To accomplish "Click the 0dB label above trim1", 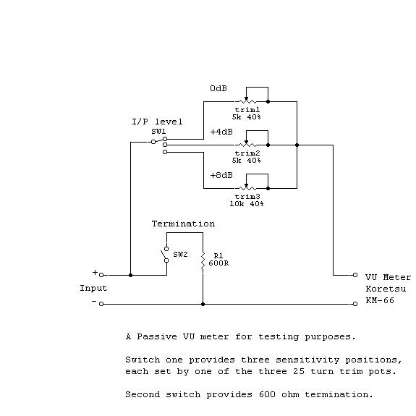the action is click(x=218, y=88).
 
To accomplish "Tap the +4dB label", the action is click(x=221, y=132).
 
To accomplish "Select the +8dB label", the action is click(x=221, y=175).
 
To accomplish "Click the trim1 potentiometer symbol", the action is click(x=247, y=101).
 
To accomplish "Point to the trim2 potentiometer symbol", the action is click(x=247, y=145).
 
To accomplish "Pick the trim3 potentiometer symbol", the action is click(x=247, y=188).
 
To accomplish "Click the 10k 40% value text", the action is click(x=247, y=204).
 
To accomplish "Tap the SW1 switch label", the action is click(x=158, y=132).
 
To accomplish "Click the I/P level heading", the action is click(x=157, y=122).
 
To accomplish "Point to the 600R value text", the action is click(x=218, y=263).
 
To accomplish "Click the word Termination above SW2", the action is click(x=183, y=224).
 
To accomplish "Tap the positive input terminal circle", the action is click(x=101, y=275).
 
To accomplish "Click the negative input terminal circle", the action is click(x=101, y=304).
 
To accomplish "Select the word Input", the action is click(x=93, y=289).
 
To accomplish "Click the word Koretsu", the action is click(x=386, y=289).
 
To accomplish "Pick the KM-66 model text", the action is click(x=380, y=300).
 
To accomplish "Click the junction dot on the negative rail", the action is click(x=203, y=304).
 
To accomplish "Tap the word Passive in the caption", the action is click(x=157, y=336).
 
